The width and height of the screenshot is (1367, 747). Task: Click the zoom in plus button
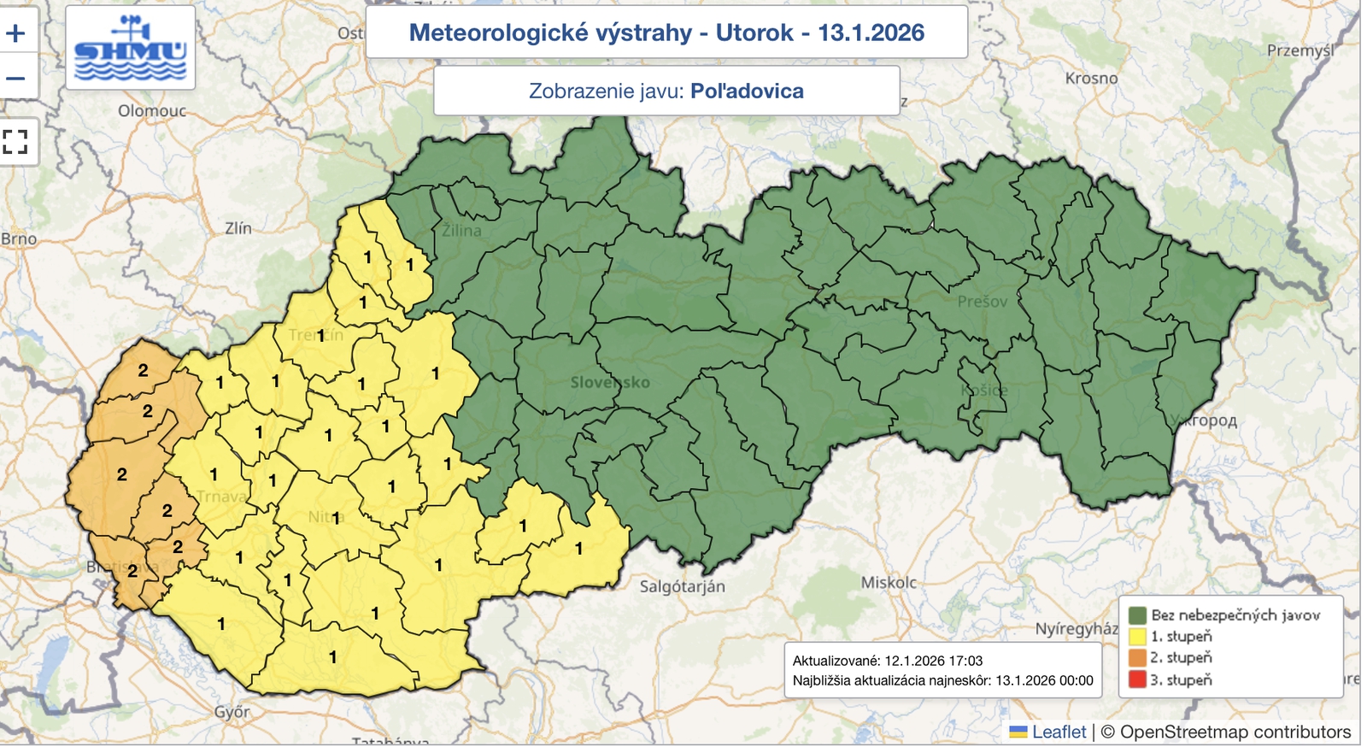16,33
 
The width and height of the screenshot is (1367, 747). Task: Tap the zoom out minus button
16,78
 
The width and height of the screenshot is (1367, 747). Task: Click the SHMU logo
130,48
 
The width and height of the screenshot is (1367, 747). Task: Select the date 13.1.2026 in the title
871,32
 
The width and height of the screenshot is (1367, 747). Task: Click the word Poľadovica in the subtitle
747,91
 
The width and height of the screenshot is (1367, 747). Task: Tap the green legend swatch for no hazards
1137,615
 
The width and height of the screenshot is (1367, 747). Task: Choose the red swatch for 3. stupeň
1137,680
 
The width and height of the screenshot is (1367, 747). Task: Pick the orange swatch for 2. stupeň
1137,658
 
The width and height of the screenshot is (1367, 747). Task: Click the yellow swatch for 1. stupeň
1137,637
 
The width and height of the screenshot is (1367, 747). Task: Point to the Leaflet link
1058,732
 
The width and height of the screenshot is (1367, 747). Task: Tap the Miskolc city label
889,583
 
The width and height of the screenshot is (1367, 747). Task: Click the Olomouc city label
152,111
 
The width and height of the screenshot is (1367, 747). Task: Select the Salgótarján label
682,587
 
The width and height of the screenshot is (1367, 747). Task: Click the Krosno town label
1091,79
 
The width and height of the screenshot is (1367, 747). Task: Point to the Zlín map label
238,228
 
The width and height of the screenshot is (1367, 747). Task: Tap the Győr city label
232,712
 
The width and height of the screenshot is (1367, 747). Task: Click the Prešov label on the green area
982,302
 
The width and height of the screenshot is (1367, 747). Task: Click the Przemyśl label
1300,51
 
